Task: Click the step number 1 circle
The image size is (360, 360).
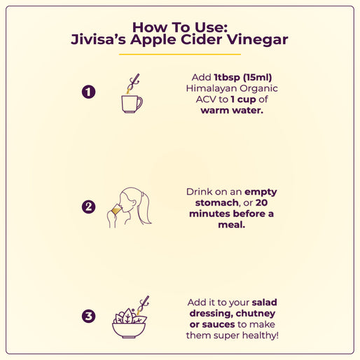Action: coord(88,92)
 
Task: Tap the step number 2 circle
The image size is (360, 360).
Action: coord(88,207)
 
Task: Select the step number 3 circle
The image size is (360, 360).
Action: coord(88,316)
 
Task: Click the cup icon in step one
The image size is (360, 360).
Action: coord(132,104)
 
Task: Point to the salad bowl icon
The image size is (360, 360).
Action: coord(129,330)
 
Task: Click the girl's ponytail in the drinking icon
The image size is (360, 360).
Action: coord(145,208)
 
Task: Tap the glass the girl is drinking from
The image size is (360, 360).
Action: coord(116,209)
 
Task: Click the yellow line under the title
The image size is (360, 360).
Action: coord(180,55)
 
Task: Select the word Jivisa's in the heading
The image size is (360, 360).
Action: coord(98,39)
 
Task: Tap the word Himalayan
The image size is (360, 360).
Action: coord(212,88)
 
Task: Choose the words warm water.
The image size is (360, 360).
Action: coord(232,111)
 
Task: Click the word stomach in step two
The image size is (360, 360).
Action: coord(216,202)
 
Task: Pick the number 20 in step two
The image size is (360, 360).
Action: coord(261,202)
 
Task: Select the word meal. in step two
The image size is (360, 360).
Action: coord(232,225)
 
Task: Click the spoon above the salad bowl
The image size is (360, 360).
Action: coord(143,305)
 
